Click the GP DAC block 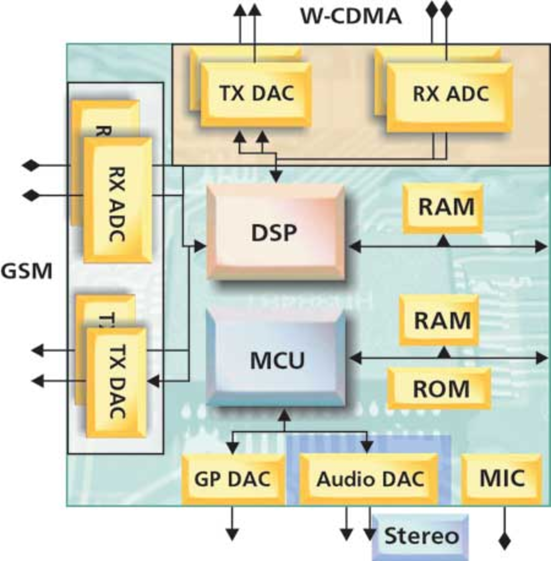pos(233,479)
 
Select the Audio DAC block pos(369,479)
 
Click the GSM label pos(27,271)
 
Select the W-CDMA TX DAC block pos(256,94)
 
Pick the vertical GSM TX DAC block pos(117,382)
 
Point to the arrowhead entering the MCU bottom pos(285,416)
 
